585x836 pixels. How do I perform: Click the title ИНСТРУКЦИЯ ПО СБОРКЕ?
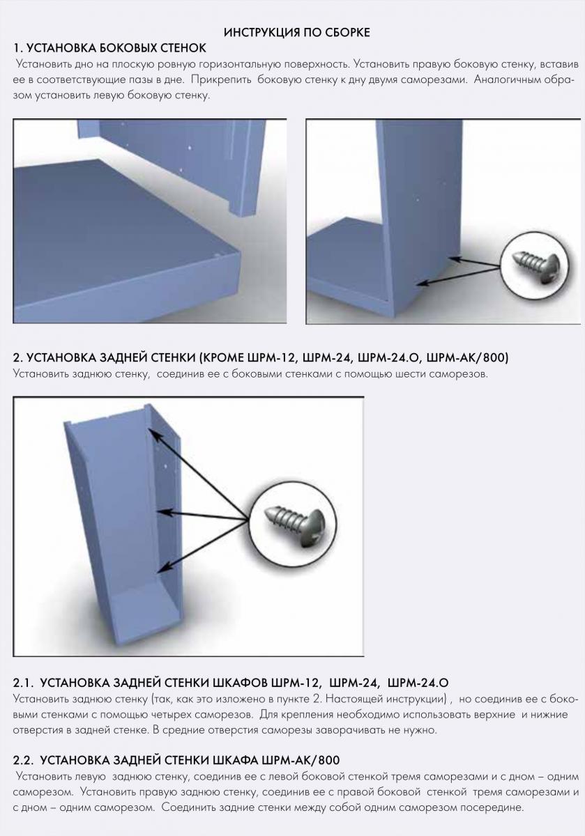coord(296,33)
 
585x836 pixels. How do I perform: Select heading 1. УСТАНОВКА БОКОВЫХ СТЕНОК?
coord(109,48)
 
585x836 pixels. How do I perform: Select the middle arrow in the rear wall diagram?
coord(202,516)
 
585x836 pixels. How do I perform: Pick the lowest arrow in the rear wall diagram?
coord(202,547)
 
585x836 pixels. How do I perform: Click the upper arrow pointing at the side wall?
coord(474,262)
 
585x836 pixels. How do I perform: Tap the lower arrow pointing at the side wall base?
coord(459,276)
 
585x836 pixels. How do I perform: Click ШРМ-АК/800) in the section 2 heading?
coord(467,357)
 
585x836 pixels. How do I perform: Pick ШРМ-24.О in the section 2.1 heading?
coord(418,683)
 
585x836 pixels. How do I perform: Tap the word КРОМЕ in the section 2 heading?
coord(222,357)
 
